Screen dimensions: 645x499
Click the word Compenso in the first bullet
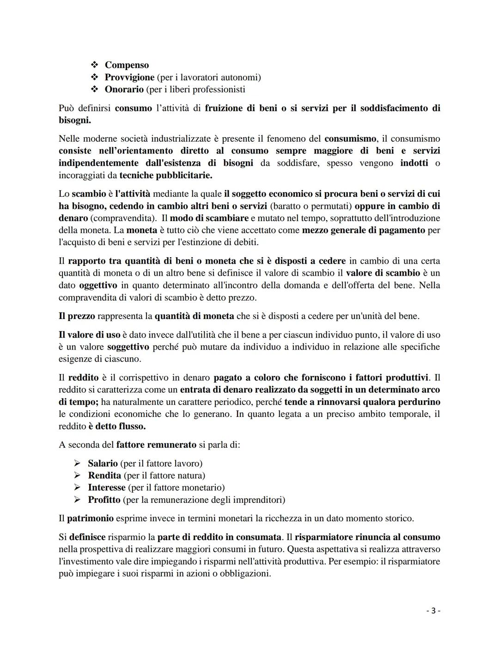(127, 65)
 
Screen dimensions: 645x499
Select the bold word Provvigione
(129, 77)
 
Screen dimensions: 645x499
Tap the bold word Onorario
(124, 89)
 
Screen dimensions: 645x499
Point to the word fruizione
(225, 108)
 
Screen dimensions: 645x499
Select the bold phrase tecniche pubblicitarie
(166, 175)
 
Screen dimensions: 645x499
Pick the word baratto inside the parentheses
(287, 206)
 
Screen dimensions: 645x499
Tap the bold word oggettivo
(98, 285)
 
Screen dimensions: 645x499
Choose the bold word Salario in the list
(103, 463)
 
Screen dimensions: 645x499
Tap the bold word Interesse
(107, 488)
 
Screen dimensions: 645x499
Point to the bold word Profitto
(104, 500)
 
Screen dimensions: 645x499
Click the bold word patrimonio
(90, 518)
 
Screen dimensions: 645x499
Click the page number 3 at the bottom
(433, 611)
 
